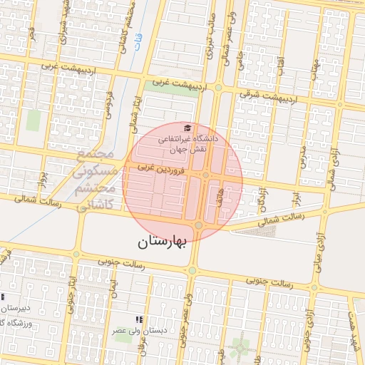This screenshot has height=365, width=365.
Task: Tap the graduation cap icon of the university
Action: (187, 127)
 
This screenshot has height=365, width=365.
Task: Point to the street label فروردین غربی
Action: (162, 169)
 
